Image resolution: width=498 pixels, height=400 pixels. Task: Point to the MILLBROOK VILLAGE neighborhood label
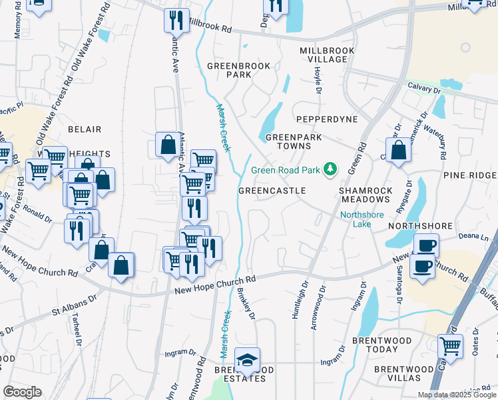coord(324,55)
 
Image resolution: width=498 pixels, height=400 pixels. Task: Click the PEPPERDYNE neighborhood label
coord(327,119)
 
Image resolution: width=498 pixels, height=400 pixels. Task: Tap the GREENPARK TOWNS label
coord(289,141)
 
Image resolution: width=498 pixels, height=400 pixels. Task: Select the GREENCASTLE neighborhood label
coord(272,191)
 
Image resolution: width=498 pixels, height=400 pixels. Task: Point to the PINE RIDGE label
coord(470,175)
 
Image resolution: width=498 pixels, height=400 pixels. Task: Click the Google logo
coord(22,392)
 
